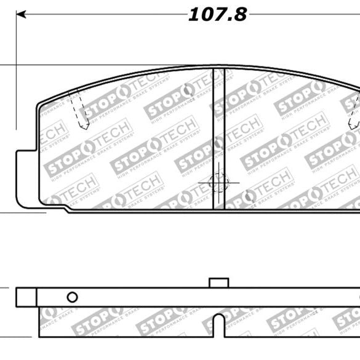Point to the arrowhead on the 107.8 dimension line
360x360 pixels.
click(x=20, y=14)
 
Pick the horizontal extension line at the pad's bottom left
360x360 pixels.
click(x=25, y=213)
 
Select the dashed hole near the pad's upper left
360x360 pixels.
click(x=79, y=111)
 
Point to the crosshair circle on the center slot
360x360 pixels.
click(x=218, y=182)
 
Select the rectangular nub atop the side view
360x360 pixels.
click(x=218, y=282)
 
